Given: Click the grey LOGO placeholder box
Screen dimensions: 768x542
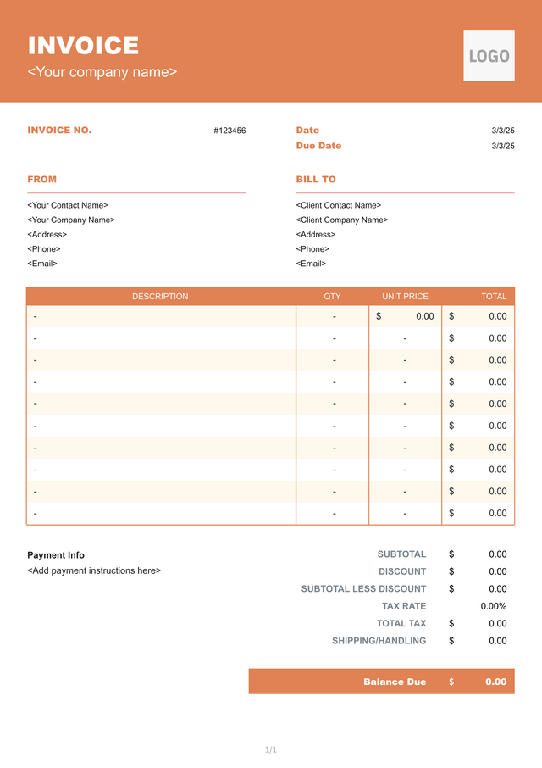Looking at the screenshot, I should (x=489, y=56).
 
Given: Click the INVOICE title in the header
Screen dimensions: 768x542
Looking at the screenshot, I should (x=83, y=46).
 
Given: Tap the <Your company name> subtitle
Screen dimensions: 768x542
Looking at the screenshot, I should (x=102, y=72).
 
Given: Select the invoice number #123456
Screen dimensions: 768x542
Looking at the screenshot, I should (x=230, y=131).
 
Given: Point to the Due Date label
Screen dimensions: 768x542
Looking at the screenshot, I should (x=318, y=146).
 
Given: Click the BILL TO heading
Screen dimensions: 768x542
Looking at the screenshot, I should (x=316, y=180).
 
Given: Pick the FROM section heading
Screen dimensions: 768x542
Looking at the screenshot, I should (x=42, y=180).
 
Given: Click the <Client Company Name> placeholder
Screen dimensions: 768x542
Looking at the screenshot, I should (x=342, y=220).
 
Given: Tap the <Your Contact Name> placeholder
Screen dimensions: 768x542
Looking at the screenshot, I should (x=68, y=205).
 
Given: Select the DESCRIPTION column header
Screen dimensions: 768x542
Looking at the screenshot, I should (x=160, y=297).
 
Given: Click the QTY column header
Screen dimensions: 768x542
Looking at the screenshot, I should (x=332, y=297).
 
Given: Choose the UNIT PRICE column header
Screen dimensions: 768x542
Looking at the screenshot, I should (x=405, y=297).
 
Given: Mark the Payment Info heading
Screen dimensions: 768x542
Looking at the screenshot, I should (x=56, y=555).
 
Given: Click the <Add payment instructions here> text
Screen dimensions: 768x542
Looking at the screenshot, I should (x=94, y=570).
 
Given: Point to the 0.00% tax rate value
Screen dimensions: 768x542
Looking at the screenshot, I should (x=493, y=606).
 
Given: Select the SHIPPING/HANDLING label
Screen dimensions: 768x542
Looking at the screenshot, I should (x=379, y=641).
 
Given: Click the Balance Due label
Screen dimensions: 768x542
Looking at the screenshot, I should (x=395, y=682).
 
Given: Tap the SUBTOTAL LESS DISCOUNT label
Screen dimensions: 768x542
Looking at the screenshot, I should (x=363, y=589).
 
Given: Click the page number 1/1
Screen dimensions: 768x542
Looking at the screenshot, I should (x=271, y=749).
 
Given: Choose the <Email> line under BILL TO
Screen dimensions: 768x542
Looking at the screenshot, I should (x=311, y=264).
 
